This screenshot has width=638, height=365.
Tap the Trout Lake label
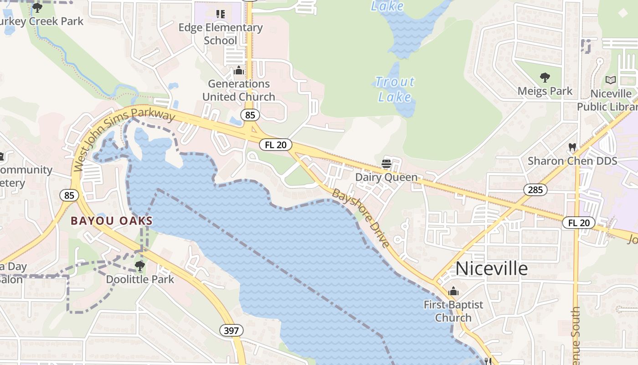pos(395,89)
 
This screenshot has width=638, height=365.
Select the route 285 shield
pos(535,189)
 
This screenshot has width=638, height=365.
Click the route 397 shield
pos(231,330)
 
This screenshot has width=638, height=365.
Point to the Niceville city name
pos(491,268)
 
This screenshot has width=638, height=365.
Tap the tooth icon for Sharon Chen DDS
pos(572,148)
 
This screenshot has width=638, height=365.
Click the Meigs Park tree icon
pos(545,78)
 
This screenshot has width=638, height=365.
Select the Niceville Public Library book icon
pos(611,80)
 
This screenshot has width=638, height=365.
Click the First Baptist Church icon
pos(453,291)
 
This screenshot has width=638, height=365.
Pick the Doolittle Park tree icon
pos(140,266)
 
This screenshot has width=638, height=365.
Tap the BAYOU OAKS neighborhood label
pos(112,221)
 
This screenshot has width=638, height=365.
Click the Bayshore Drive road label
pos(361,218)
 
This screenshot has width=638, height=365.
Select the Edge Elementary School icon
pos(221,14)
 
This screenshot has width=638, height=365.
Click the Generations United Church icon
pos(238,71)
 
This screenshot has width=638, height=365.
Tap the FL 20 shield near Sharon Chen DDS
pos(579,223)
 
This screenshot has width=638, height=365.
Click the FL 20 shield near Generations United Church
pos(276,145)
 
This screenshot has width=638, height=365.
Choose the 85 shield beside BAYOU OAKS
pos(69,196)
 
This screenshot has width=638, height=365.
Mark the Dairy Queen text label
pos(386,177)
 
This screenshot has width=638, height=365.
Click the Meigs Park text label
pos(545,91)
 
